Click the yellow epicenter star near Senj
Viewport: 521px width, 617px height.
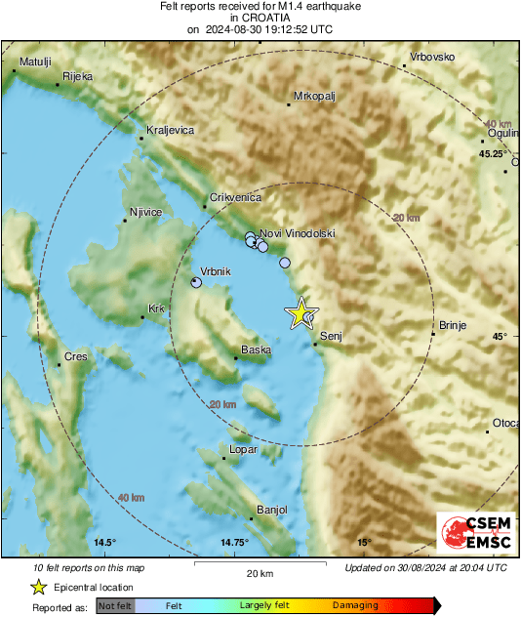tap(301, 312)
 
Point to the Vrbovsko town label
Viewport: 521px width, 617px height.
tap(432, 57)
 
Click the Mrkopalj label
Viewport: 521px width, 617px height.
tap(315, 97)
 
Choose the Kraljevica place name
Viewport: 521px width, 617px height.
tap(170, 130)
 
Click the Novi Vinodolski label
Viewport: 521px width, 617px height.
tap(298, 234)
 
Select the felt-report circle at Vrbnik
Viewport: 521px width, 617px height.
tap(196, 283)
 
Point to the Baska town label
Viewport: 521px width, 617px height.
tap(256, 350)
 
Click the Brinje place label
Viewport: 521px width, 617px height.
tap(455, 325)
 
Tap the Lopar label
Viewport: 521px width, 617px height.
tap(242, 450)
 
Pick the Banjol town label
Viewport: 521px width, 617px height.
tap(271, 510)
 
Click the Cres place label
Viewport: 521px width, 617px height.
tap(75, 357)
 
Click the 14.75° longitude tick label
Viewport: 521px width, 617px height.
tap(234, 543)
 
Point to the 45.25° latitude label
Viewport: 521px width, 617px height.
tap(493, 154)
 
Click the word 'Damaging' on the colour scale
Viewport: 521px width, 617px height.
tap(355, 606)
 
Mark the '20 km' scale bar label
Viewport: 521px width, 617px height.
tap(260, 573)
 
